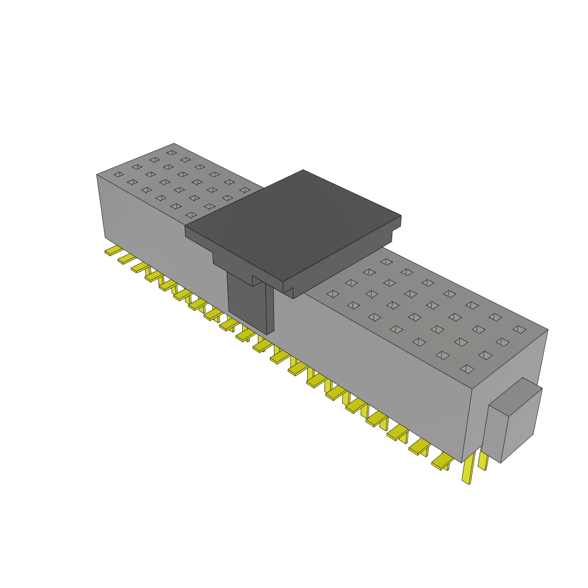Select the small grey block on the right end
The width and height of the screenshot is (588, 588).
[511, 425]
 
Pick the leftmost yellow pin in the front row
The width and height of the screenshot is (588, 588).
[112, 251]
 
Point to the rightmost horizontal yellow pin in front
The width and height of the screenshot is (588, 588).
[442, 462]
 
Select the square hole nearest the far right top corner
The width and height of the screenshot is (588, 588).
[519, 329]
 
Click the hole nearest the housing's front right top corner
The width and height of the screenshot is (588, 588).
[467, 369]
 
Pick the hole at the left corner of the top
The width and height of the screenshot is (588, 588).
[118, 174]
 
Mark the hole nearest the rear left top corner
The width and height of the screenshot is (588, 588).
[171, 153]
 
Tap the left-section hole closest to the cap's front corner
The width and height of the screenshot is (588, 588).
[191, 215]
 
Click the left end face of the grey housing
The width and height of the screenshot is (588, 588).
[100, 207]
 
